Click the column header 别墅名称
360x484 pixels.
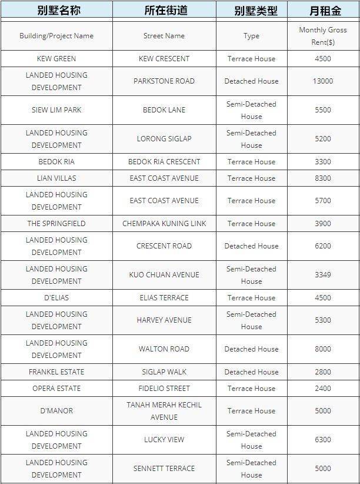[56, 11]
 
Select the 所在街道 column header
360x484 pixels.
[164, 11]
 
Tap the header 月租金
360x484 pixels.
[322, 11]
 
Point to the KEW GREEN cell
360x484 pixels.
[56, 59]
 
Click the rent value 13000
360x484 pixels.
[322, 81]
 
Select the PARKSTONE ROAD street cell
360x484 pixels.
[164, 81]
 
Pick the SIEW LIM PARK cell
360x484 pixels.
[56, 110]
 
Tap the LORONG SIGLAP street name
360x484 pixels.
[164, 139]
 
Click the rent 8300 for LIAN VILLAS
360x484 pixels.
[322, 178]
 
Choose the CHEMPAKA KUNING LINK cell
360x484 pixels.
[164, 224]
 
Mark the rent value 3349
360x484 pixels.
[322, 275]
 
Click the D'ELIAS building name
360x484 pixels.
[56, 298]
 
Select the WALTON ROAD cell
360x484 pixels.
[164, 349]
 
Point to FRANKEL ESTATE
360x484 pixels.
[56, 372]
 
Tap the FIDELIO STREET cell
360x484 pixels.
[164, 389]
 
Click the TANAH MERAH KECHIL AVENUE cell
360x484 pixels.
[164, 411]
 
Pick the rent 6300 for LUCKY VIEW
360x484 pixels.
[322, 440]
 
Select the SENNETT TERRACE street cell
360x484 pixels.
[164, 469]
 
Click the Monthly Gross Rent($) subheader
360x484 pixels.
[322, 36]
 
